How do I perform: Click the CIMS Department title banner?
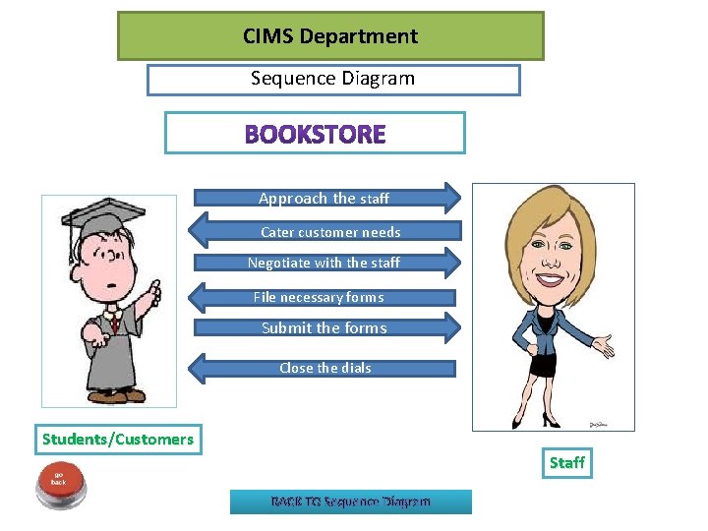tap(330, 36)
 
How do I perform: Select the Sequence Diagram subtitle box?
tap(333, 79)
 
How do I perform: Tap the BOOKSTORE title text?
tap(315, 134)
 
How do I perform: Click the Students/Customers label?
tap(118, 439)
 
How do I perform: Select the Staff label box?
tap(566, 462)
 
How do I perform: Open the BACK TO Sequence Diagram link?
tap(351, 501)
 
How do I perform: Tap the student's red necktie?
tap(114, 322)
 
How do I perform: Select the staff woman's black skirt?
tap(547, 365)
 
